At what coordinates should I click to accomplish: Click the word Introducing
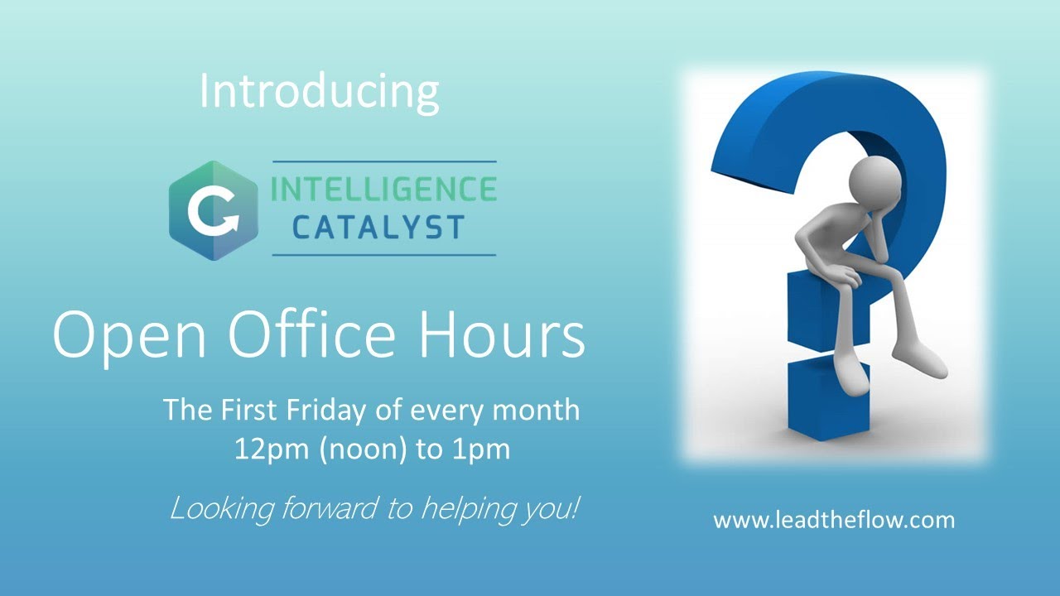(x=319, y=92)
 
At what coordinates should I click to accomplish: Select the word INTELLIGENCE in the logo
(x=384, y=190)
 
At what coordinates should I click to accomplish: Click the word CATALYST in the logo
(x=378, y=228)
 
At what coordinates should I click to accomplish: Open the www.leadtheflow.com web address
(x=834, y=521)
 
